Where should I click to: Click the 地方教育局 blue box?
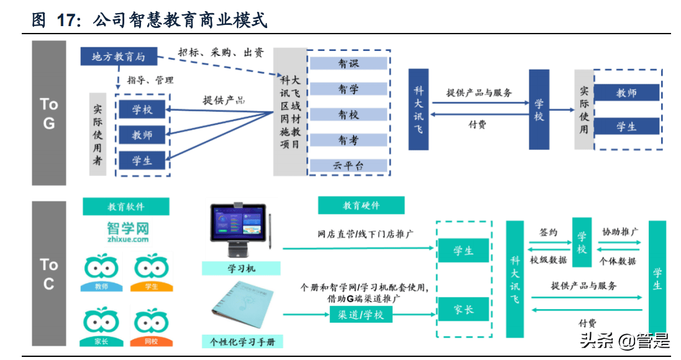pyautogui.click(x=118, y=57)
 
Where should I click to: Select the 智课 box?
pyautogui.click(x=348, y=63)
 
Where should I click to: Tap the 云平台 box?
pyautogui.click(x=348, y=165)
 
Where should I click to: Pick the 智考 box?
pyautogui.click(x=348, y=141)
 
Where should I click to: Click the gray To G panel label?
pyautogui.click(x=49, y=113)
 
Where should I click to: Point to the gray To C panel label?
pyautogui.click(x=49, y=274)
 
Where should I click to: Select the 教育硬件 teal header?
pyautogui.click(x=361, y=205)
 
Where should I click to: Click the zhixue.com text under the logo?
pyautogui.click(x=127, y=239)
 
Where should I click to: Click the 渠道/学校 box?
pyautogui.click(x=361, y=315)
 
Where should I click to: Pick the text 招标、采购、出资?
pyautogui.click(x=221, y=53)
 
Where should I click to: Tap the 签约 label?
pyautogui.click(x=548, y=233)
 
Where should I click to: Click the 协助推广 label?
pyautogui.click(x=619, y=232)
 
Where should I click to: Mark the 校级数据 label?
pyautogui.click(x=548, y=261)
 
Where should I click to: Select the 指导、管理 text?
pyautogui.click(x=150, y=80)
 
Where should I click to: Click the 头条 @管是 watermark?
pyautogui.click(x=624, y=341)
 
